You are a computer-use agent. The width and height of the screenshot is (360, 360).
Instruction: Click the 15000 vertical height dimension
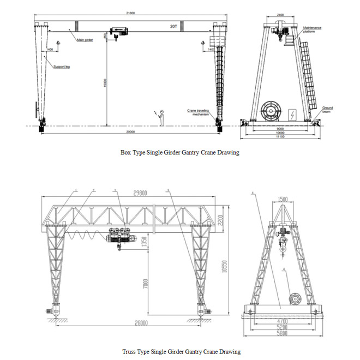coord(105,82)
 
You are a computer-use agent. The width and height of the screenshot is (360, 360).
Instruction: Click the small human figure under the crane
coord(161,117)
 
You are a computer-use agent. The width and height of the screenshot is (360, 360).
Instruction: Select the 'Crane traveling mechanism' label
coord(198,111)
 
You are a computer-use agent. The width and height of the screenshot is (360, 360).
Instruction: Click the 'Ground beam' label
coord(327,109)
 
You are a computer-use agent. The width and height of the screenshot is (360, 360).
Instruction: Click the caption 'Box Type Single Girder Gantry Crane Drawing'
coord(179,153)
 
